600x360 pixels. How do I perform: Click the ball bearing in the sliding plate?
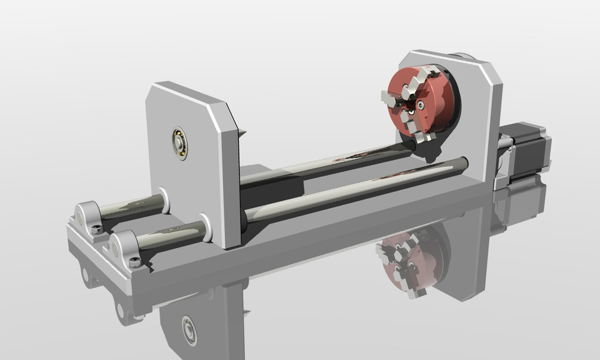180,143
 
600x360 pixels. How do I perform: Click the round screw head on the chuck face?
423,104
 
